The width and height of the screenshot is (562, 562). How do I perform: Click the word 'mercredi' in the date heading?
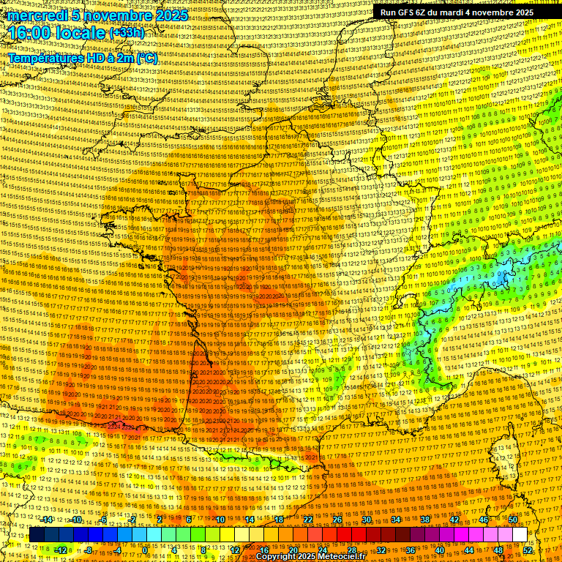click(x=38, y=15)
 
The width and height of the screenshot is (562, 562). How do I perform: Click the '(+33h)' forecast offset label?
click(x=127, y=33)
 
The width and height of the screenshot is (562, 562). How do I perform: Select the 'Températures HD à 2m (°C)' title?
click(x=82, y=58)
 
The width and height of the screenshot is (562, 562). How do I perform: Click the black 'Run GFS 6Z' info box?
click(x=457, y=12)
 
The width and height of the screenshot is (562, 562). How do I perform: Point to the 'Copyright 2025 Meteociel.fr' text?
click(x=310, y=556)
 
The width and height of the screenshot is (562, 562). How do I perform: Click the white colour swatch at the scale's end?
click(x=520, y=535)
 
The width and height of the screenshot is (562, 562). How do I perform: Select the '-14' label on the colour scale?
click(x=47, y=520)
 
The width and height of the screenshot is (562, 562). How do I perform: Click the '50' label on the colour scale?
click(x=514, y=520)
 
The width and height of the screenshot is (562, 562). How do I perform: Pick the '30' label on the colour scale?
click(x=367, y=520)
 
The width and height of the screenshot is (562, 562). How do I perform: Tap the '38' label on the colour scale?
click(x=425, y=520)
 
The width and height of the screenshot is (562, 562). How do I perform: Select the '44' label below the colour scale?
click(x=468, y=550)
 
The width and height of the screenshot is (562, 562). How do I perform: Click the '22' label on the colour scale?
click(x=308, y=520)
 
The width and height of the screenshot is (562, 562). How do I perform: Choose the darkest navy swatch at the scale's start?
click(x=37, y=535)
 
